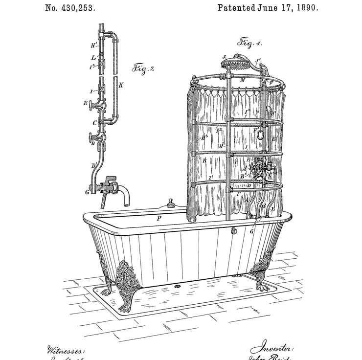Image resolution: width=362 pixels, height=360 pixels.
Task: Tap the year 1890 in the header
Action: (x=304, y=8)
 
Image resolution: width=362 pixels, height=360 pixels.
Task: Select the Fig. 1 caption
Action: (x=249, y=43)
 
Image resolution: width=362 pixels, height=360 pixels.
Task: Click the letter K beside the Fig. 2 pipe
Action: (x=121, y=85)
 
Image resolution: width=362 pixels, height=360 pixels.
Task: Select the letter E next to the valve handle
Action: (x=86, y=103)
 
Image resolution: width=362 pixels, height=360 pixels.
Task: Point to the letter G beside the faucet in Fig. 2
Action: (x=87, y=192)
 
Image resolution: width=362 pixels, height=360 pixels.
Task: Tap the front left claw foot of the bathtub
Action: (x=128, y=289)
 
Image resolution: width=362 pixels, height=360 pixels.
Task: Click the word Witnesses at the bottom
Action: (x=66, y=350)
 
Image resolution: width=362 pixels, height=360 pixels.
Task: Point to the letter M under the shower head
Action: (x=242, y=80)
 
